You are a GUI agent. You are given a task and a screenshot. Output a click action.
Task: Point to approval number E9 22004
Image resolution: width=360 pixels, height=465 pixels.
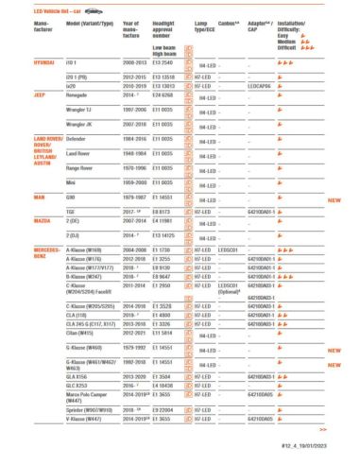click(x=162, y=410)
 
